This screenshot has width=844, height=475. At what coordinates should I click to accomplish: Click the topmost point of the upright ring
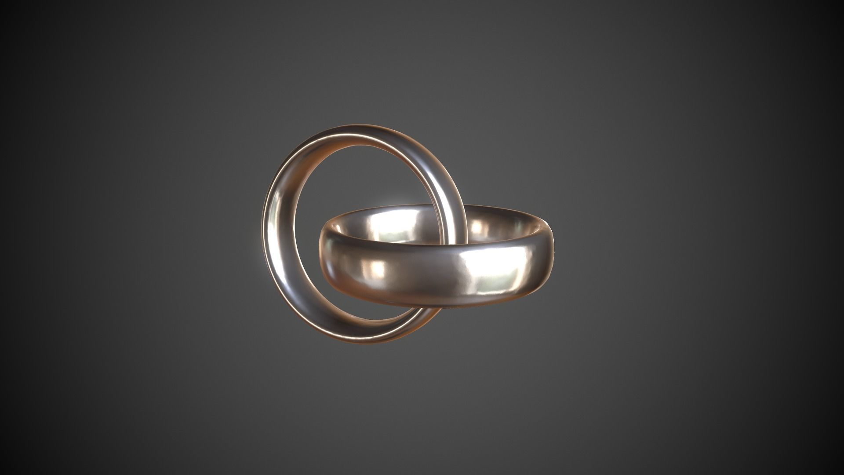tap(356, 125)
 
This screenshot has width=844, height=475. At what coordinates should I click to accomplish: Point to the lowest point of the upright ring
tap(365, 343)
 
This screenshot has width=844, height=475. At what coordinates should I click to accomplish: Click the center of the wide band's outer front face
tap(435, 275)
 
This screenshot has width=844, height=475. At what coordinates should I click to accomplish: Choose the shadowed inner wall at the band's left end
tap(336, 227)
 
